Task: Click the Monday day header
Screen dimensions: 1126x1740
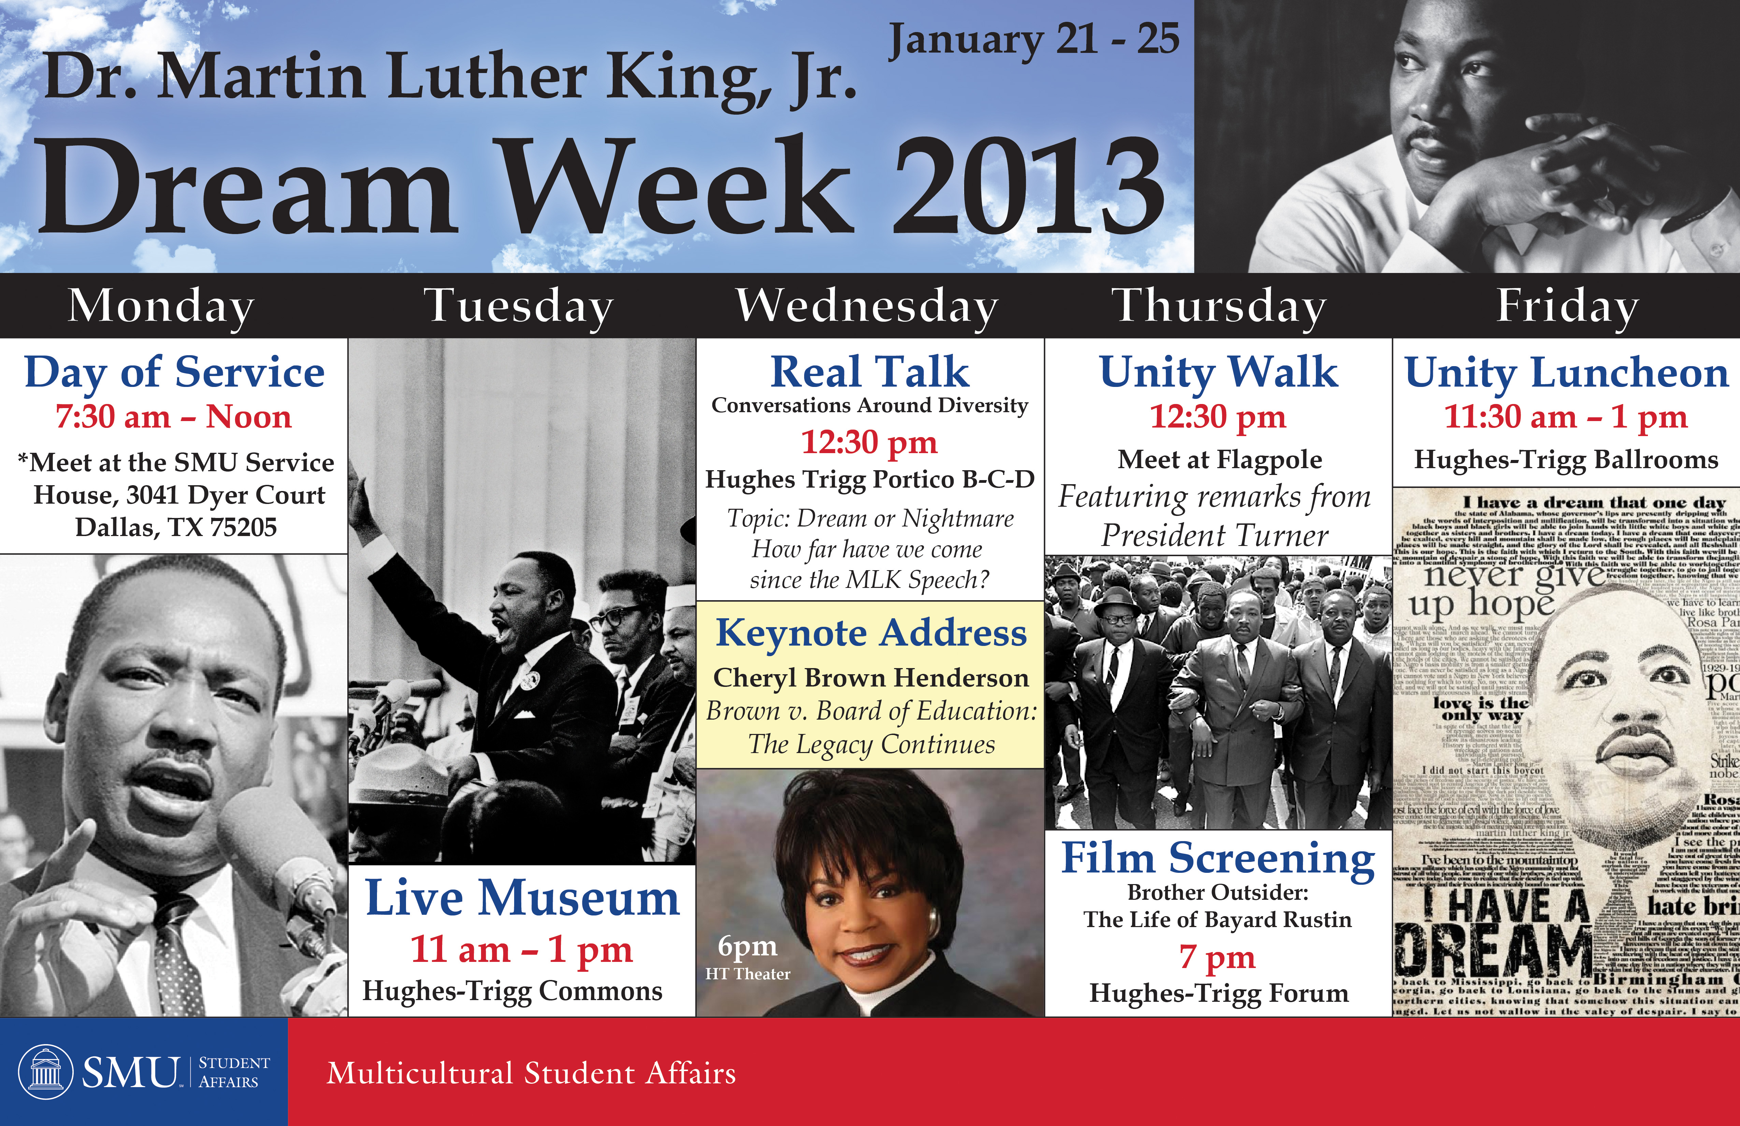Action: (162, 306)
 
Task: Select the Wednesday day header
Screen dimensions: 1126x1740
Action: (867, 306)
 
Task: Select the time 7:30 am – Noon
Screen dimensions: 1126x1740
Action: (174, 417)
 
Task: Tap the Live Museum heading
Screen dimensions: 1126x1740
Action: (522, 898)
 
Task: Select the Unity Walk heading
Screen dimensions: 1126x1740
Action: (1219, 372)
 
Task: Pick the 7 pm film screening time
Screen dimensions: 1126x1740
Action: (1217, 957)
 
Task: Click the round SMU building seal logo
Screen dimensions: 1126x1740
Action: (45, 1072)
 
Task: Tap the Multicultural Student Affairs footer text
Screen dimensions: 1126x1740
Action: (531, 1073)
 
